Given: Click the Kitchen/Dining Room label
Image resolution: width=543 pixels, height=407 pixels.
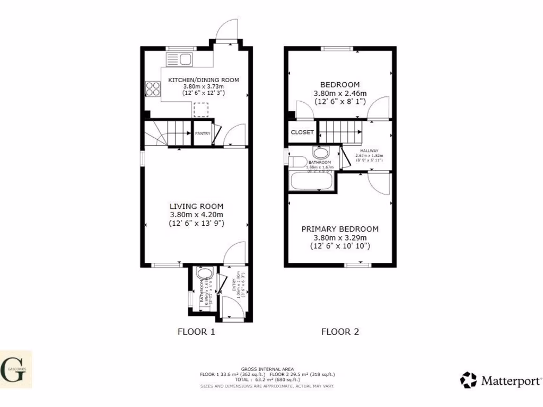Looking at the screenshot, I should (204, 80).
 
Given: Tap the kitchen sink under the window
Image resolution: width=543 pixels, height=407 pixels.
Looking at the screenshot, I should (185, 59).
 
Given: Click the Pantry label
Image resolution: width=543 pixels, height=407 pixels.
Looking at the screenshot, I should (203, 134).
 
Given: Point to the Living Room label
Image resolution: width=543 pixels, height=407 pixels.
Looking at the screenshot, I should (196, 206).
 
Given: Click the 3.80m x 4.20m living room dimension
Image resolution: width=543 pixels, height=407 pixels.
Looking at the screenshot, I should (196, 215).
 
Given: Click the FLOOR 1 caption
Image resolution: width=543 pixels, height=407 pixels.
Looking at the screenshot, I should (196, 332).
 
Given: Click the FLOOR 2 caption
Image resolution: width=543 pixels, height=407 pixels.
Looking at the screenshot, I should (340, 332).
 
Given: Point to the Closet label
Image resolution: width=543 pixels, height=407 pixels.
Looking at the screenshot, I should (302, 132).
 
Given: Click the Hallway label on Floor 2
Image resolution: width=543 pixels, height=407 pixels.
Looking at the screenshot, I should (366, 151).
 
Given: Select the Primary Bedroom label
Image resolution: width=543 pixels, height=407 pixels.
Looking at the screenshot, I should (340, 229).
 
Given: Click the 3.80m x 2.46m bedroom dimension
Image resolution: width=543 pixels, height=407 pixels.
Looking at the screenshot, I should (340, 93).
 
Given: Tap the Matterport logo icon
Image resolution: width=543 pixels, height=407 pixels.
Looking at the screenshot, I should (468, 380).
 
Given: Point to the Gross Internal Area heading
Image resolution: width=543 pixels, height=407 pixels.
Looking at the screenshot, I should (267, 369).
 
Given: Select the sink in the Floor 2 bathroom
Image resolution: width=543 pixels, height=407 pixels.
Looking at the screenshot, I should (320, 152).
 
